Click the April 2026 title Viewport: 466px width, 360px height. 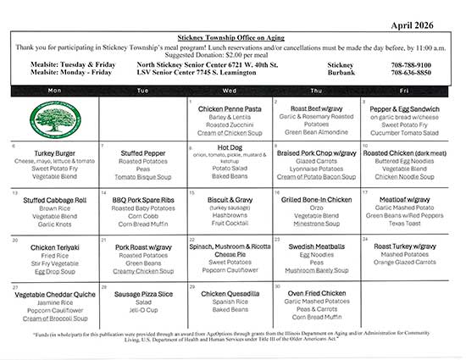424,25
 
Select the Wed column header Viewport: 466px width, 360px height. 230,89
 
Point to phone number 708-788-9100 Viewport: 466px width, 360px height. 411,64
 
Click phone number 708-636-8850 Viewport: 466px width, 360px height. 411,73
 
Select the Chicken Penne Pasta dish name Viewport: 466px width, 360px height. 230,109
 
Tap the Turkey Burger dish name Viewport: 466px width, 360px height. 54,152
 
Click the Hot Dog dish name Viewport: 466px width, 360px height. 230,147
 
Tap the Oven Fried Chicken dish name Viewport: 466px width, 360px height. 318,292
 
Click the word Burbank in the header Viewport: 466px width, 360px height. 341,73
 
